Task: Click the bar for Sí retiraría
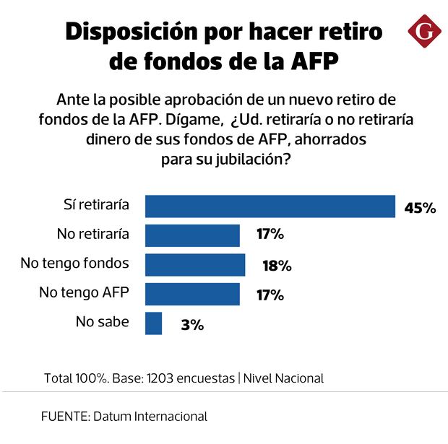click(x=270, y=206)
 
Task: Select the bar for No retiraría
click(x=192, y=235)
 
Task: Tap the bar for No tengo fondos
click(x=195, y=265)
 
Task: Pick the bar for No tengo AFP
click(x=192, y=294)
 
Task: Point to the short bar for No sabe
click(x=153, y=323)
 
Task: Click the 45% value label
click(x=420, y=208)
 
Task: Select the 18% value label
click(x=276, y=266)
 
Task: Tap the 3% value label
click(x=192, y=325)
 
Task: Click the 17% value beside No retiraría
click(x=270, y=235)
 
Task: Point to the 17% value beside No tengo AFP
click(x=270, y=295)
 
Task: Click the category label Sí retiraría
click(x=95, y=205)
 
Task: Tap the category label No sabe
click(x=102, y=322)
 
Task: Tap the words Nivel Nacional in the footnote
click(x=283, y=378)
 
